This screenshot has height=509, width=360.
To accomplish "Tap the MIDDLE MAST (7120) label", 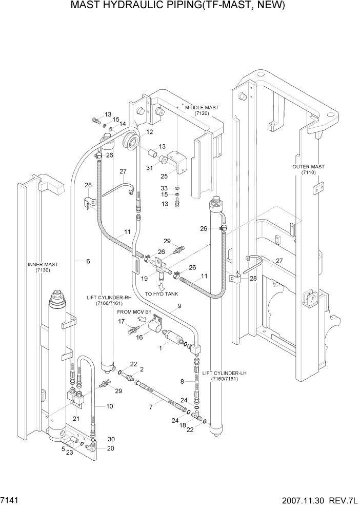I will click(x=202, y=111).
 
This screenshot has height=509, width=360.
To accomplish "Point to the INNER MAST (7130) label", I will click(x=43, y=267).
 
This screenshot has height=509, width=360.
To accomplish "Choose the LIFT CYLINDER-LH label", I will click(x=224, y=376).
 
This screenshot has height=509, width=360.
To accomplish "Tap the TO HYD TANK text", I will click(x=163, y=293).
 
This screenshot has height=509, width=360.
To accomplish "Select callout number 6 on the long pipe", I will click(x=88, y=262).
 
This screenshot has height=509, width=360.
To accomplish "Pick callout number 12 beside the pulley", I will click(x=150, y=132).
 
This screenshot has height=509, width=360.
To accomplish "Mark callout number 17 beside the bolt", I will click(x=122, y=322).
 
